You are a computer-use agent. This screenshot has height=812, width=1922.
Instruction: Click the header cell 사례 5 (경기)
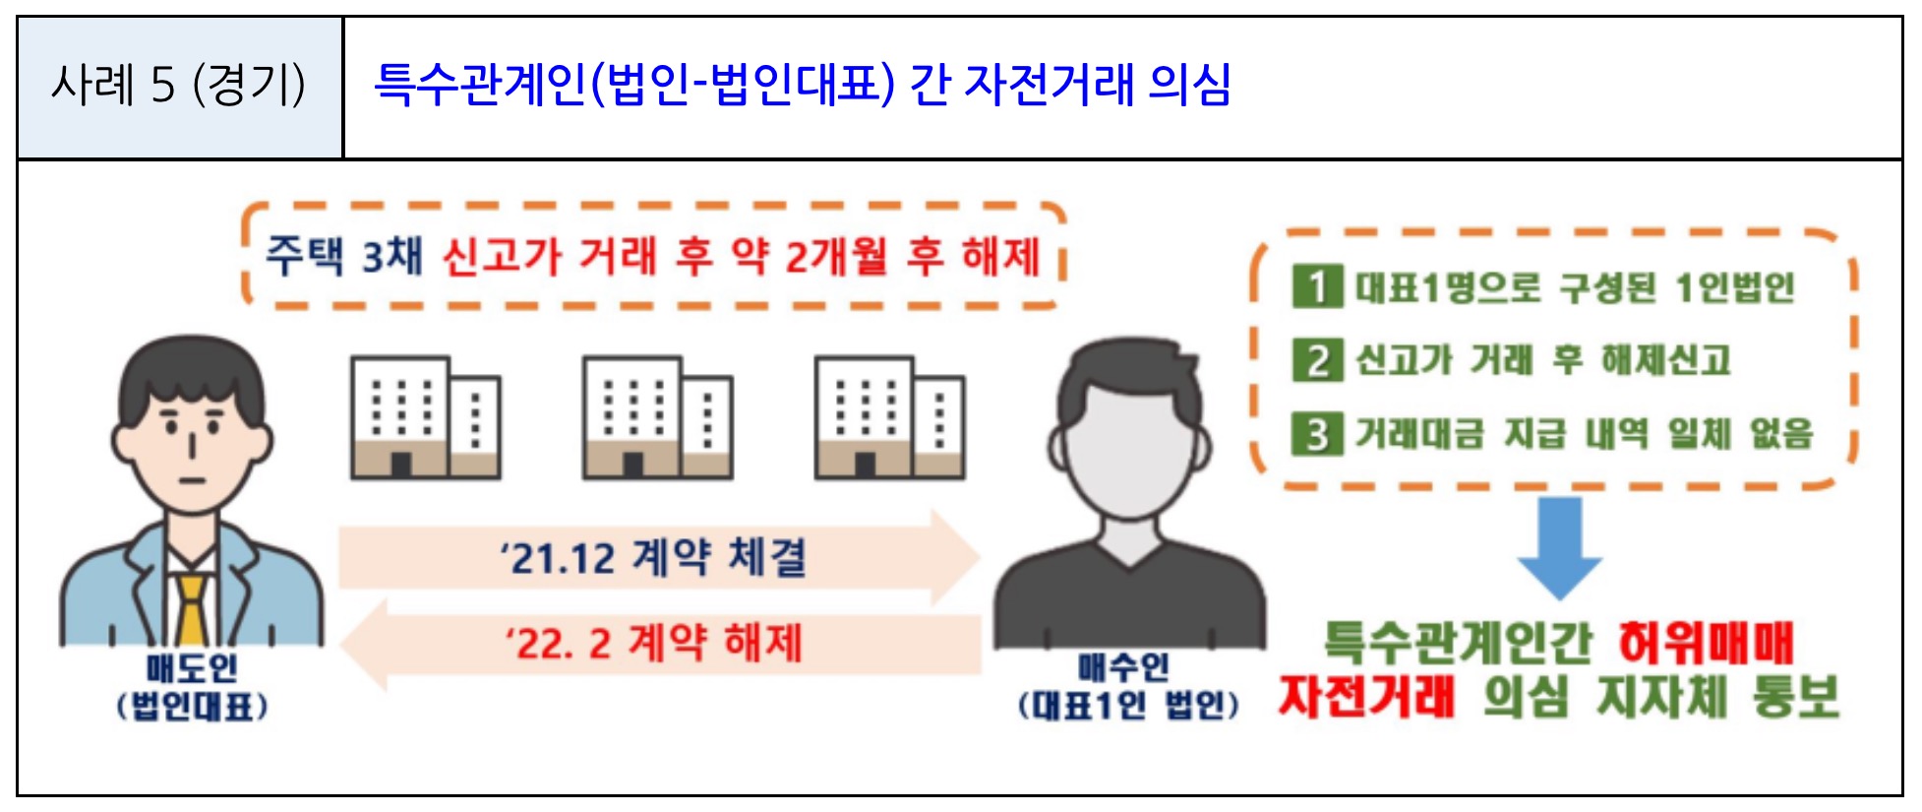tap(179, 86)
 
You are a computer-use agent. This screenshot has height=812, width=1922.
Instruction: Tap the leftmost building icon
tap(425, 418)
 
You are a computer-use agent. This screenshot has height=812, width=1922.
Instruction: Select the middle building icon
tap(657, 418)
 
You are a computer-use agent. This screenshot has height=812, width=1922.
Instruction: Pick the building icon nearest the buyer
tap(889, 418)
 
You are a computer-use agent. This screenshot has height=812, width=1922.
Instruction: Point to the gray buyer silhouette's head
tap(1131, 433)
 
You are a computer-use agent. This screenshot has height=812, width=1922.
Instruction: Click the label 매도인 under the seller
tap(192, 668)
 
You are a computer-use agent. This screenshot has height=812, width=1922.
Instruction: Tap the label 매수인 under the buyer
tap(1123, 668)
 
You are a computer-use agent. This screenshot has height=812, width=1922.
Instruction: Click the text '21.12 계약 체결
tap(653, 558)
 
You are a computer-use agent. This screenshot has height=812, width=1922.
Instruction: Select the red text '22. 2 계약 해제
tap(653, 644)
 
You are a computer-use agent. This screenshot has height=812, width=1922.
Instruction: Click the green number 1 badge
tap(1317, 287)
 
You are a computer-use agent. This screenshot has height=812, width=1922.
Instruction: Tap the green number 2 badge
tap(1317, 360)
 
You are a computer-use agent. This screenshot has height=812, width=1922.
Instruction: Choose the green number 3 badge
tap(1317, 433)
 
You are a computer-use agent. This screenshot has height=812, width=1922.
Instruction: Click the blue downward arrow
tap(1559, 546)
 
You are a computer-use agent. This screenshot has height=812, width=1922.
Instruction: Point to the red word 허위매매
tap(1706, 644)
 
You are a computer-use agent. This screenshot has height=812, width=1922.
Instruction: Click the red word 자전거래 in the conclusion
tap(1365, 697)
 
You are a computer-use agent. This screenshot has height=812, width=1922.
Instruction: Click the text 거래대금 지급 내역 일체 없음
tap(1584, 433)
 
